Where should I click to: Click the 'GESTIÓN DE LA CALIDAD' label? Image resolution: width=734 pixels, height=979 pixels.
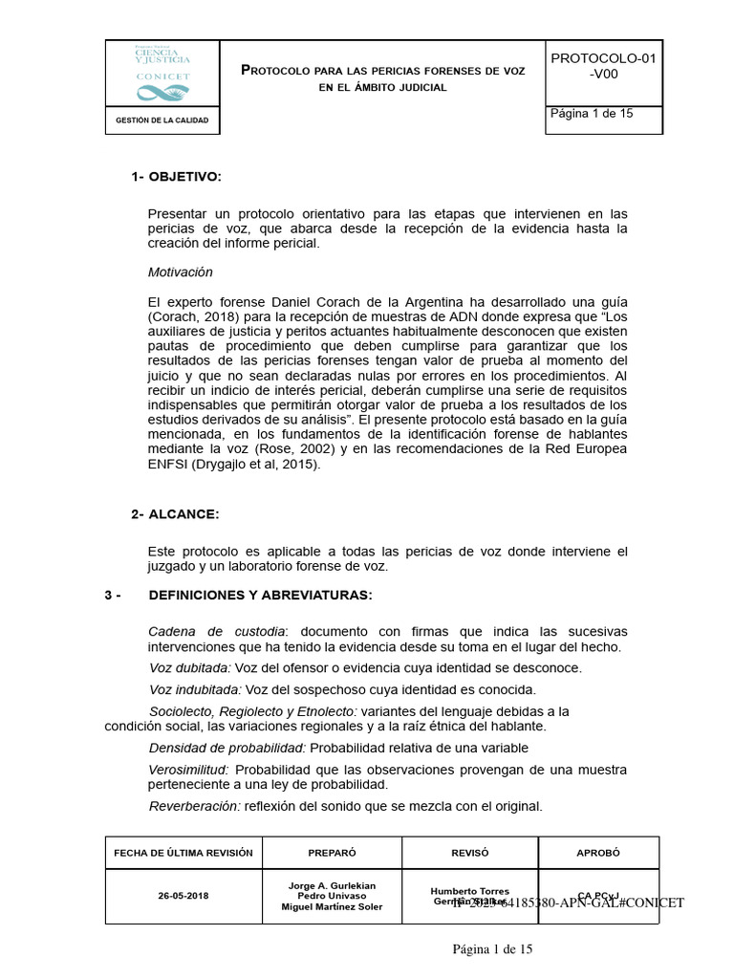(x=162, y=120)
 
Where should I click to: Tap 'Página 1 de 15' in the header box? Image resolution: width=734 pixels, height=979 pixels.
(x=592, y=113)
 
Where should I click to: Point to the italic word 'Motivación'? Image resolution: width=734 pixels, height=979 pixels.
(x=181, y=272)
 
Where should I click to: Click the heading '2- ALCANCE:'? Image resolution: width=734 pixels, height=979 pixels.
(x=175, y=514)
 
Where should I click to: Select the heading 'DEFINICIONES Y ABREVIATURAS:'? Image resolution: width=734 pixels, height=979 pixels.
(x=260, y=595)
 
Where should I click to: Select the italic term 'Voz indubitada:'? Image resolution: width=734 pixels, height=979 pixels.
(x=196, y=689)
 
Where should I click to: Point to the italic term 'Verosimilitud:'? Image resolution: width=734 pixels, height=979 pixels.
(x=189, y=769)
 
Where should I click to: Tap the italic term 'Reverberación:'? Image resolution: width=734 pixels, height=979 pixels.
(x=194, y=806)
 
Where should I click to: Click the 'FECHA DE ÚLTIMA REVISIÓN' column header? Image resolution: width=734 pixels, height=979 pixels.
(x=183, y=853)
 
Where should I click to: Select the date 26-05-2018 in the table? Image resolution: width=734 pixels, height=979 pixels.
(x=183, y=897)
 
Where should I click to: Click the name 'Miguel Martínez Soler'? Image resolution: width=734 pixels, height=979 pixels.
(x=332, y=907)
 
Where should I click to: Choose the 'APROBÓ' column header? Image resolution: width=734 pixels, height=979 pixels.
(x=598, y=853)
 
